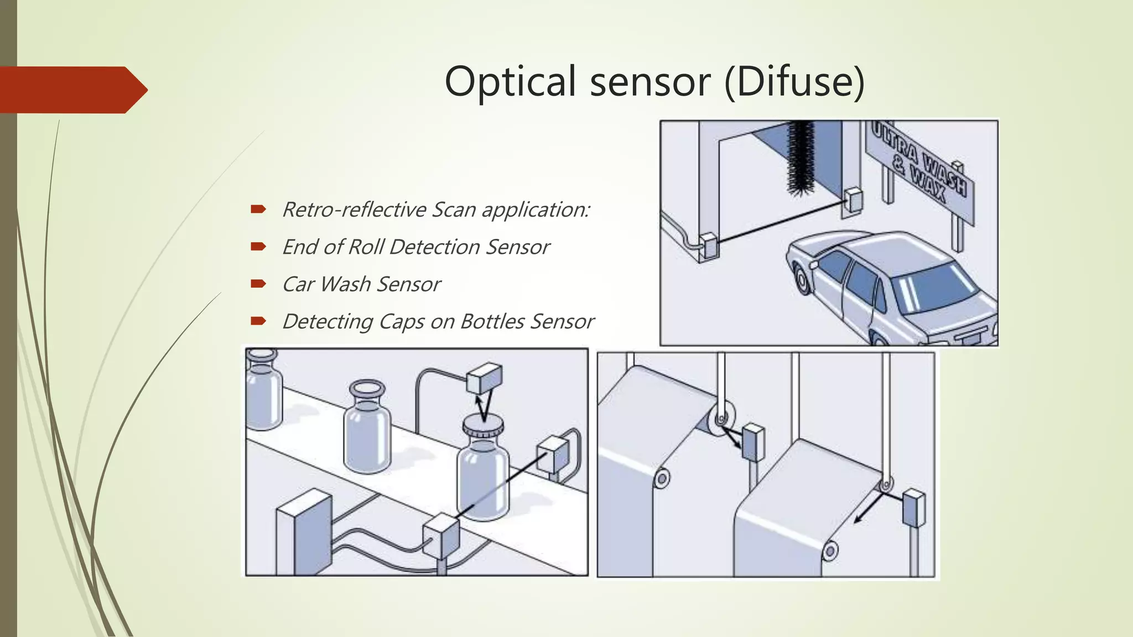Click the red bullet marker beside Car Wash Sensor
pyautogui.click(x=258, y=284)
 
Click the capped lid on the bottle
pyautogui.click(x=482, y=426)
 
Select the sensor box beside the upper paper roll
pyautogui.click(x=752, y=442)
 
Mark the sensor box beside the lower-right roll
pyautogui.click(x=913, y=508)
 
